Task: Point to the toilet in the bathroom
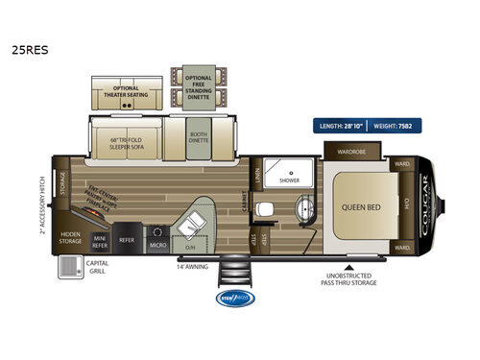click(x=275, y=208)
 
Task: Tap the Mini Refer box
click(x=99, y=240)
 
